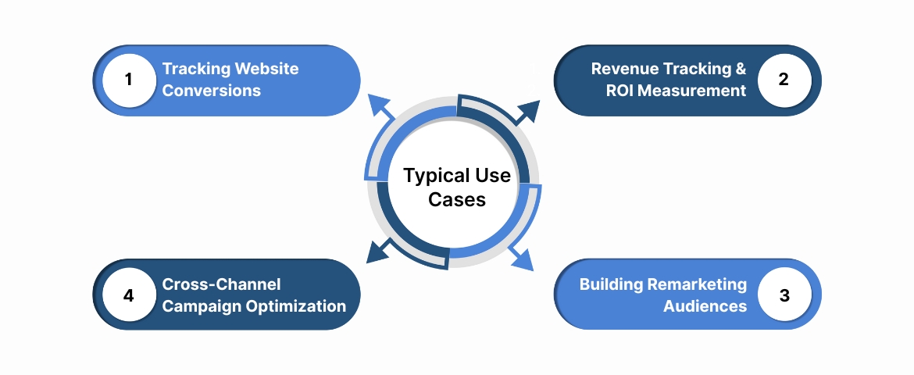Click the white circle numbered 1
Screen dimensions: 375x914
(x=129, y=80)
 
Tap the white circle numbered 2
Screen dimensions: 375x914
(x=784, y=80)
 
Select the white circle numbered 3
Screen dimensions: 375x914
(x=784, y=295)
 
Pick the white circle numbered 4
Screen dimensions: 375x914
(x=129, y=295)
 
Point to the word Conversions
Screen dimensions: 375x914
(x=211, y=91)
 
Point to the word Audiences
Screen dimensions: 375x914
(x=705, y=306)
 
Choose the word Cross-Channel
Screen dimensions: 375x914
(x=221, y=284)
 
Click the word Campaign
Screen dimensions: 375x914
(x=199, y=306)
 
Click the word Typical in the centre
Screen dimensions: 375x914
(x=433, y=176)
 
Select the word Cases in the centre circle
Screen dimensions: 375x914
(x=457, y=200)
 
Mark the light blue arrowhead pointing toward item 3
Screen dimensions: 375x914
(x=523, y=260)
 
